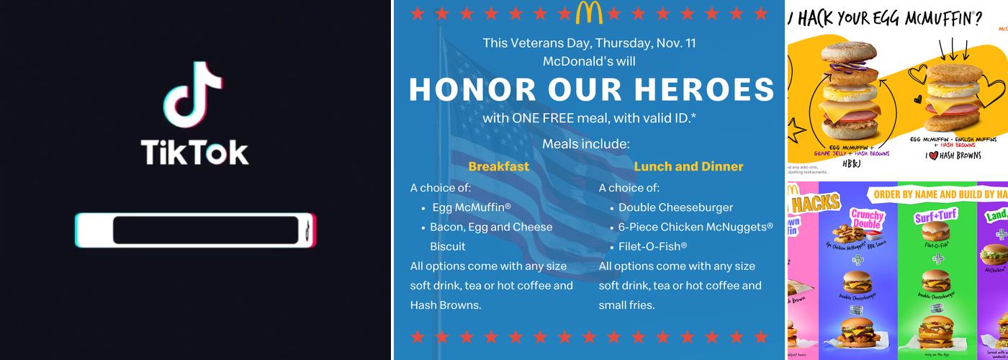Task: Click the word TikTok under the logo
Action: click(194, 153)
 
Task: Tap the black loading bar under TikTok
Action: click(206, 230)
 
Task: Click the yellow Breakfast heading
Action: click(498, 166)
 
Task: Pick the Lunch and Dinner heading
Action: click(688, 166)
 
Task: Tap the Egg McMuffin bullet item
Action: click(472, 207)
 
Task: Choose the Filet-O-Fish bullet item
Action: click(653, 246)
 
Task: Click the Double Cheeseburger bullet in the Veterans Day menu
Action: click(675, 207)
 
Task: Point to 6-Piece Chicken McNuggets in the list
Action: click(696, 227)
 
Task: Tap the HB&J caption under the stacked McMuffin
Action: click(843, 163)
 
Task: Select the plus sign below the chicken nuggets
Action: click(858, 260)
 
